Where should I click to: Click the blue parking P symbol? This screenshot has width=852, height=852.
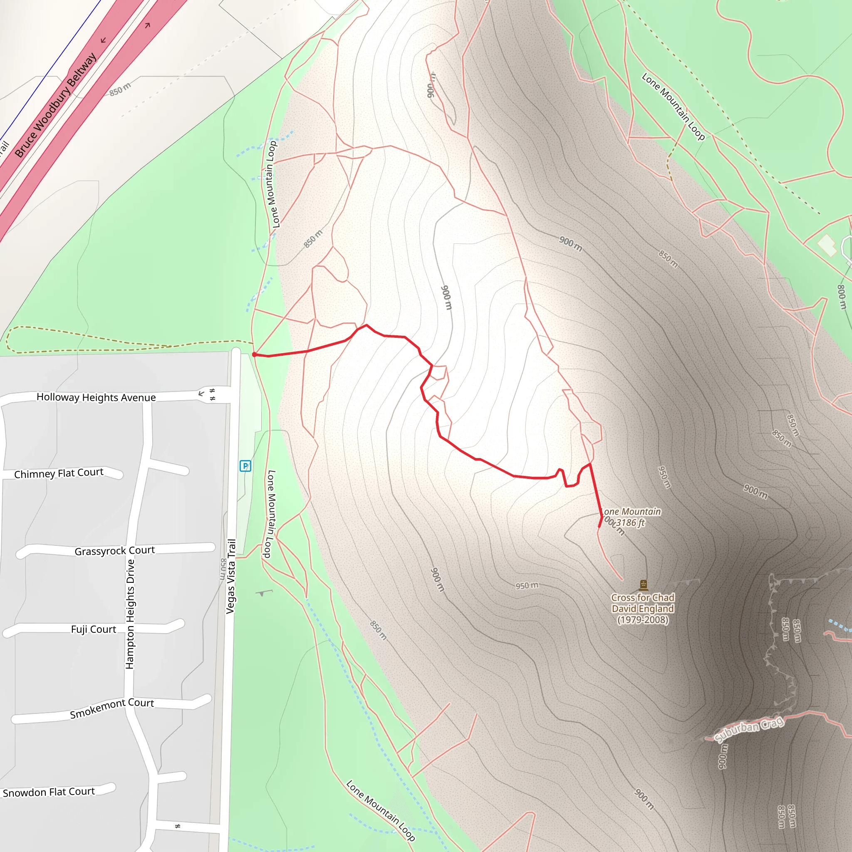245,466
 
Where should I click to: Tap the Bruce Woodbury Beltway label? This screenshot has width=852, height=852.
56,105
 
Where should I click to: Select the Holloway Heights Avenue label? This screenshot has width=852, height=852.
96,397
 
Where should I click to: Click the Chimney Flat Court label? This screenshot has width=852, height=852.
59,473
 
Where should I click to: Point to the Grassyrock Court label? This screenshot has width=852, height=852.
115,551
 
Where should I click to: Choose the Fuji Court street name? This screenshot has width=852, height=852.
94,629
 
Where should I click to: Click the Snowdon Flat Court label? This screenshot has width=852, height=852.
49,792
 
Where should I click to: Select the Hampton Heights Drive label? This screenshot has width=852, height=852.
130,614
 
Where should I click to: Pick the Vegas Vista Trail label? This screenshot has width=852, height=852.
230,576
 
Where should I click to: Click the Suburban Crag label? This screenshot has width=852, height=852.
749,729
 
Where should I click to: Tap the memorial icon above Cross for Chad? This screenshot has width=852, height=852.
644,585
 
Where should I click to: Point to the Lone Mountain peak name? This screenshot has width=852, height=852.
632,512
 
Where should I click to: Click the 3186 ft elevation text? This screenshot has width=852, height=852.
630,523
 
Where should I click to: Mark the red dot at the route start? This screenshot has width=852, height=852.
255,354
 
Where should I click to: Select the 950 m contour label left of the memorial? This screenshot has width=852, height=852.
527,586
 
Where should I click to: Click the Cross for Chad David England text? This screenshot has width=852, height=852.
642,609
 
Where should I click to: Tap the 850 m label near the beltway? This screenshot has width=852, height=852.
120,89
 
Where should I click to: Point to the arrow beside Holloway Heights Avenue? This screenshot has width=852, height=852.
201,393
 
